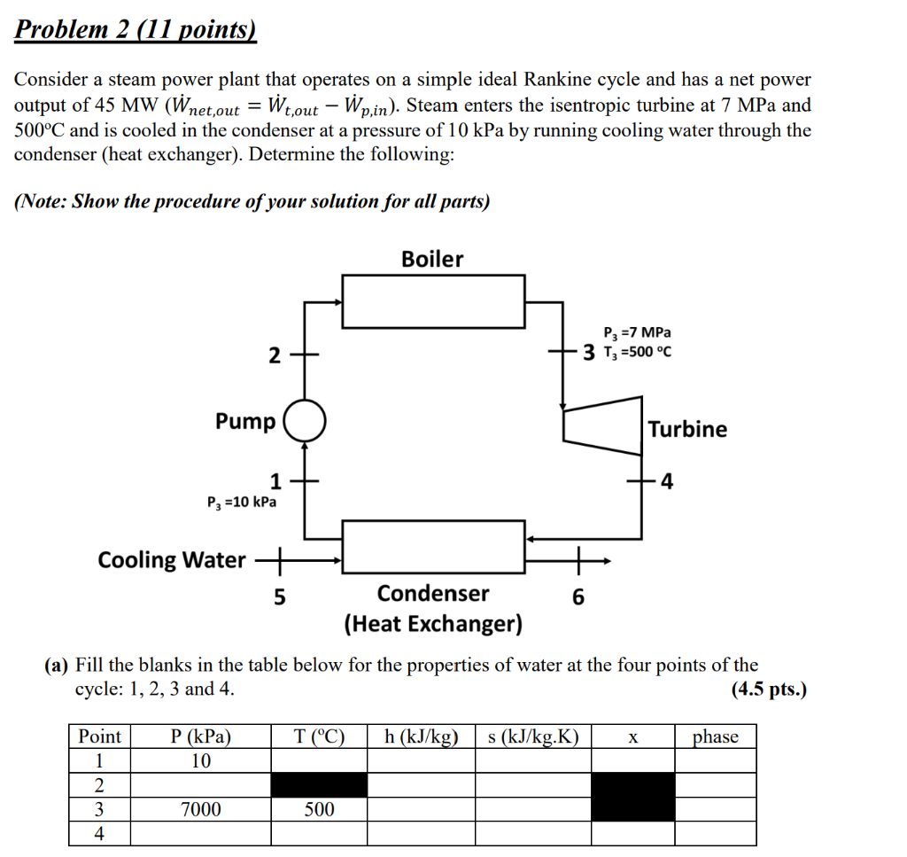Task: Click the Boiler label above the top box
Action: click(432, 260)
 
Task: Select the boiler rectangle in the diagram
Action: click(434, 302)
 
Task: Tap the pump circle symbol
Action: click(305, 420)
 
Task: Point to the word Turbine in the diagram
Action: click(687, 430)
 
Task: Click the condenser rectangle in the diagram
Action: click(434, 547)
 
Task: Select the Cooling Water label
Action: click(172, 560)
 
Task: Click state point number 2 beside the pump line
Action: click(275, 356)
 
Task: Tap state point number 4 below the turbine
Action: click(666, 482)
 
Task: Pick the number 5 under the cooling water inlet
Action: click(279, 598)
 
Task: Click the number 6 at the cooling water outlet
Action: click(578, 598)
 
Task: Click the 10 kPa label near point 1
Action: click(241, 503)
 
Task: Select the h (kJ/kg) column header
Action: click(421, 737)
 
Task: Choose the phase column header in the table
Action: click(715, 737)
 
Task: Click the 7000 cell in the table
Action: click(201, 809)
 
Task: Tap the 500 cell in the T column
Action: click(319, 809)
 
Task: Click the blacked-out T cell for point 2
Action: click(319, 785)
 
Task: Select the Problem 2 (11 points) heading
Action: click(136, 30)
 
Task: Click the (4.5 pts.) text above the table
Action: click(769, 689)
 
